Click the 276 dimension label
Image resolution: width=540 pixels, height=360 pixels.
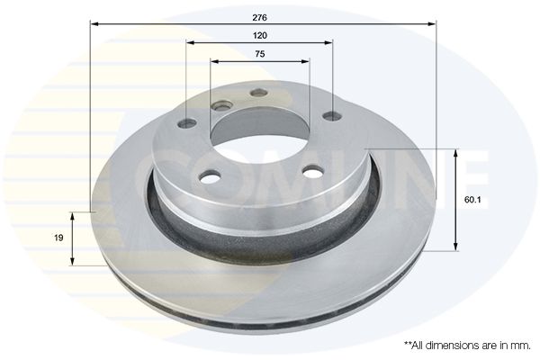(260, 18)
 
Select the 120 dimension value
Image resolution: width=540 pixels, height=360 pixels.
(260, 35)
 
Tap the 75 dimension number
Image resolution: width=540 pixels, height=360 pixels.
(260, 54)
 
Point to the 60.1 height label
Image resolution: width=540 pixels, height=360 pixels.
(472, 200)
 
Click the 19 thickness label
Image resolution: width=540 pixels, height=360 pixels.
(58, 238)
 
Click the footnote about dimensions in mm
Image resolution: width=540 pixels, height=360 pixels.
(467, 346)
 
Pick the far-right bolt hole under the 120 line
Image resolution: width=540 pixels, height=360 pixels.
(333, 116)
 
